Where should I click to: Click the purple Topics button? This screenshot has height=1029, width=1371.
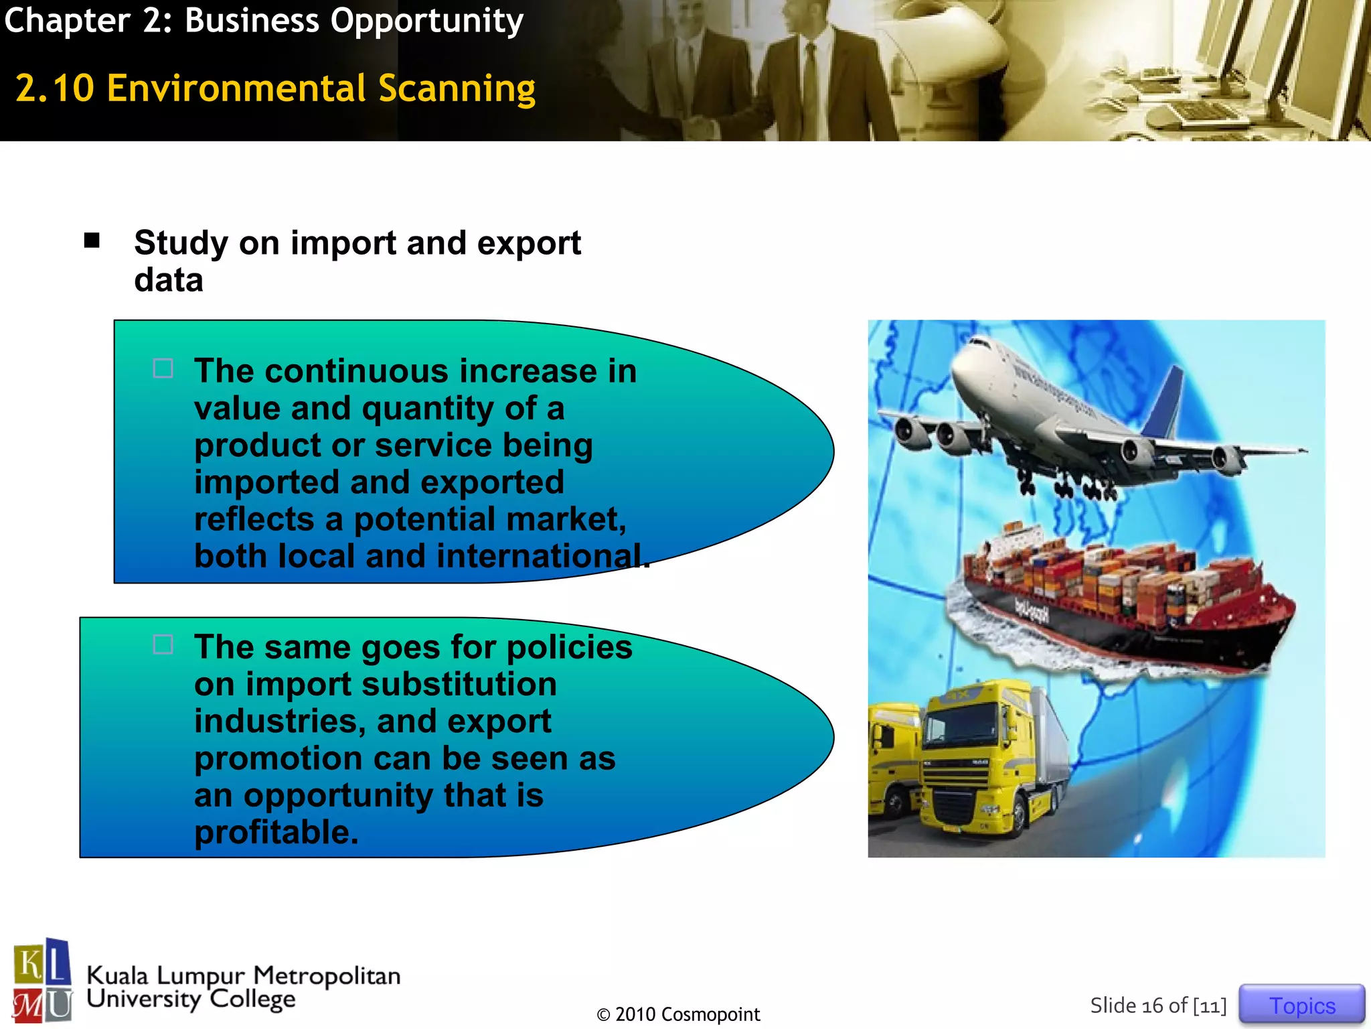[1301, 1005]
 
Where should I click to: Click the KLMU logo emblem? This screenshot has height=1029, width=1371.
[42, 981]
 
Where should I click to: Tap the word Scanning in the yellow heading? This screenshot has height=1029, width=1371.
[457, 89]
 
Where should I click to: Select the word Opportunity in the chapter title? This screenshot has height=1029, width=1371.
[426, 21]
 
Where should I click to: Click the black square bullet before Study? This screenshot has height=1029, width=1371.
[92, 241]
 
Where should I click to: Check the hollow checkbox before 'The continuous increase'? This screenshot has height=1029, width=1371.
[163, 368]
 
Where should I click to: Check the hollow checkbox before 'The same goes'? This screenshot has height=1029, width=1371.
[163, 644]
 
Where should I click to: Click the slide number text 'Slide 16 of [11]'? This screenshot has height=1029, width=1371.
[1157, 1006]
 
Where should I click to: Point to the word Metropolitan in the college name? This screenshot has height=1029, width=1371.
[326, 975]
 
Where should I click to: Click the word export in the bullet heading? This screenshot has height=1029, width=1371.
[528, 243]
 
